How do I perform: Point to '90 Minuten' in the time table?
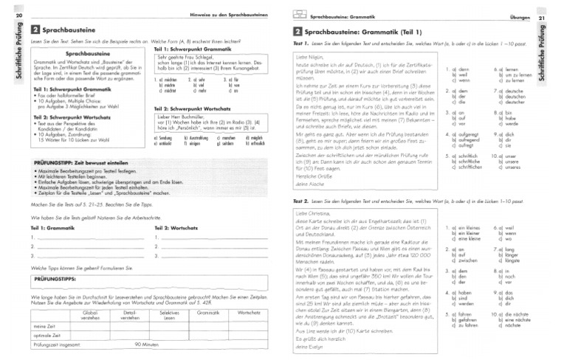[148, 345]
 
